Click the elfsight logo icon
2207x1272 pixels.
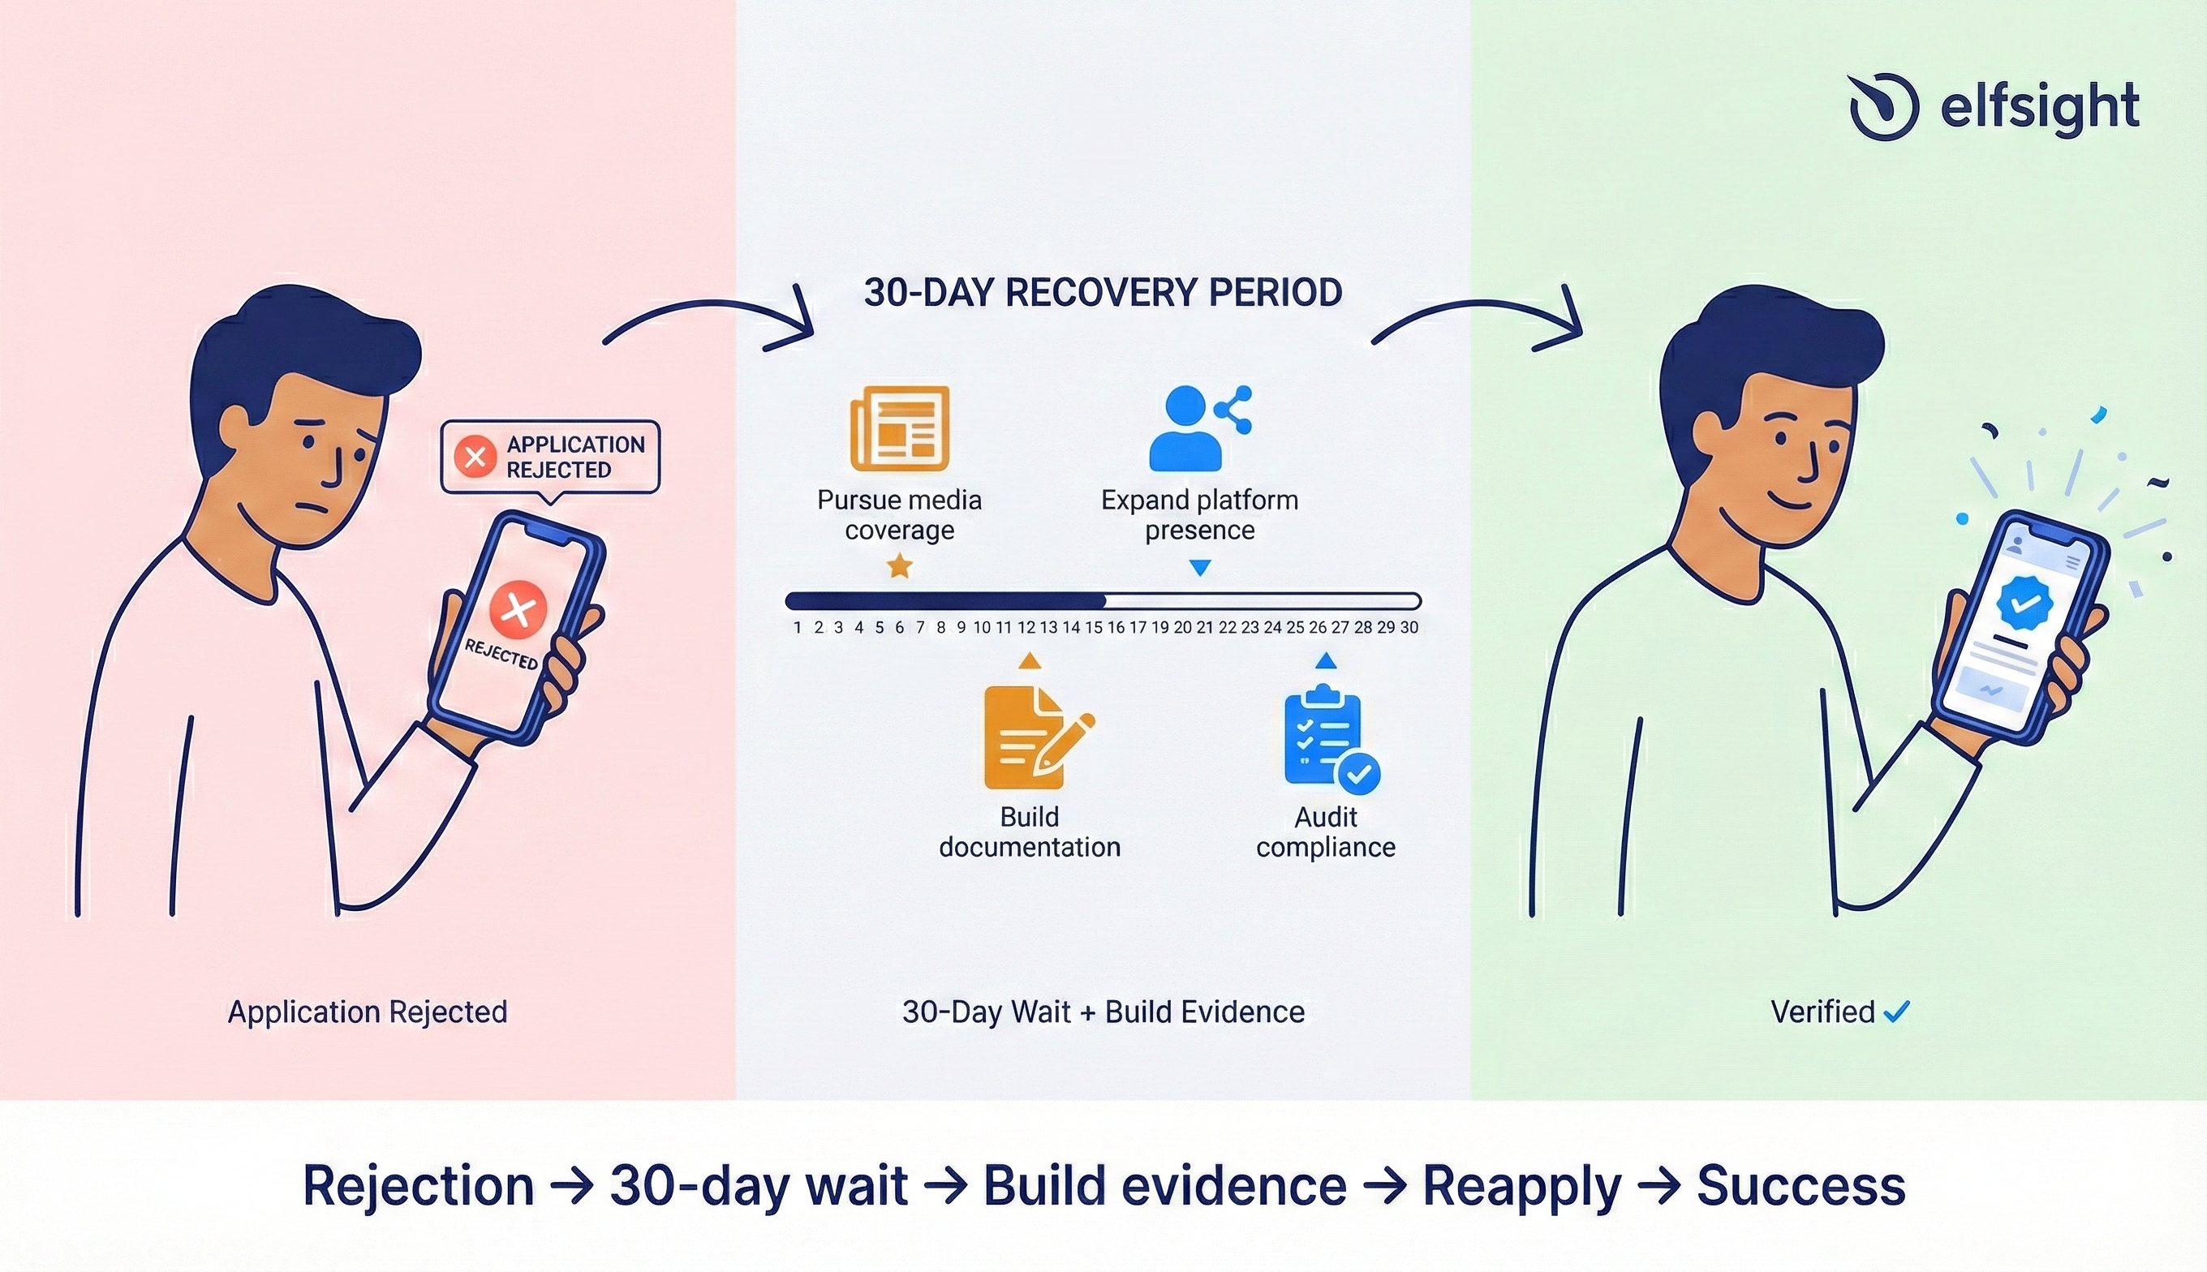pyautogui.click(x=1884, y=106)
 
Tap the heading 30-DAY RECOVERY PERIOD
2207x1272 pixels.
pyautogui.click(x=1103, y=293)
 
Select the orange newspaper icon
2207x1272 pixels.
pyautogui.click(x=899, y=428)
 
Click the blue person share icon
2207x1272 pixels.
pyautogui.click(x=1199, y=428)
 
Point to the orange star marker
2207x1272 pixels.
pyautogui.click(x=899, y=566)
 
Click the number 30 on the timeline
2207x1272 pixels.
pyautogui.click(x=1409, y=627)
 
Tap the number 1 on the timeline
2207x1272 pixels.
pyautogui.click(x=797, y=627)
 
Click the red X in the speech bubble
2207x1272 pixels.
pyautogui.click(x=475, y=457)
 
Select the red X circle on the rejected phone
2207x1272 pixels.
pyautogui.click(x=518, y=609)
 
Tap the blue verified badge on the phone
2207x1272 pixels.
pyautogui.click(x=2024, y=602)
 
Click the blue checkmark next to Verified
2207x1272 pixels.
pyautogui.click(x=1897, y=1012)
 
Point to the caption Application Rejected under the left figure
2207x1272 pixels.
pyautogui.click(x=367, y=1012)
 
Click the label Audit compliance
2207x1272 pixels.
pyautogui.click(x=1326, y=832)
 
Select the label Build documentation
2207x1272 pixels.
pyautogui.click(x=1029, y=832)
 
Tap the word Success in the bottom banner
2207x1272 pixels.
pyautogui.click(x=1800, y=1185)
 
